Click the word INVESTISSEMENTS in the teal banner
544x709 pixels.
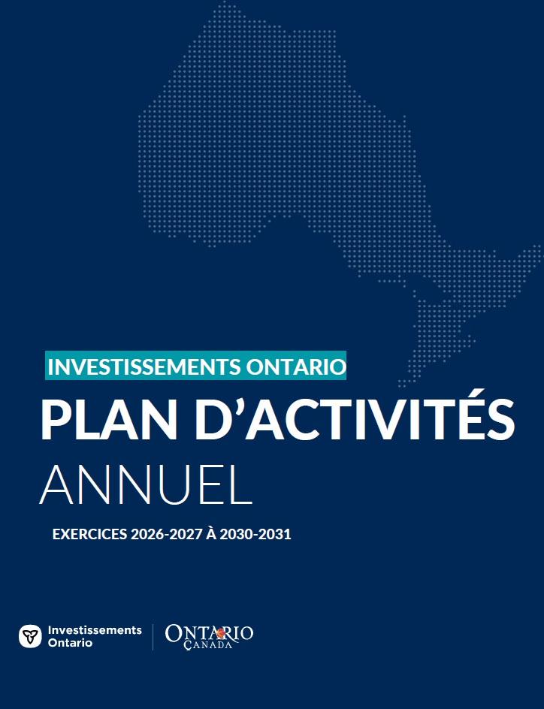[143, 367]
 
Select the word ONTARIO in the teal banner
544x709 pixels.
[295, 367]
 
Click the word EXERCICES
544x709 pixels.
[89, 535]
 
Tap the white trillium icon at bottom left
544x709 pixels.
[30, 636]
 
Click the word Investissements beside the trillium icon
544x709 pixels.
[95, 630]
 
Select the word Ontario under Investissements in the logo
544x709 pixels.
[70, 643]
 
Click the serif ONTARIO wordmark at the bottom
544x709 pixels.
[209, 633]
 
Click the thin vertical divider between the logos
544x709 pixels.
[153, 637]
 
